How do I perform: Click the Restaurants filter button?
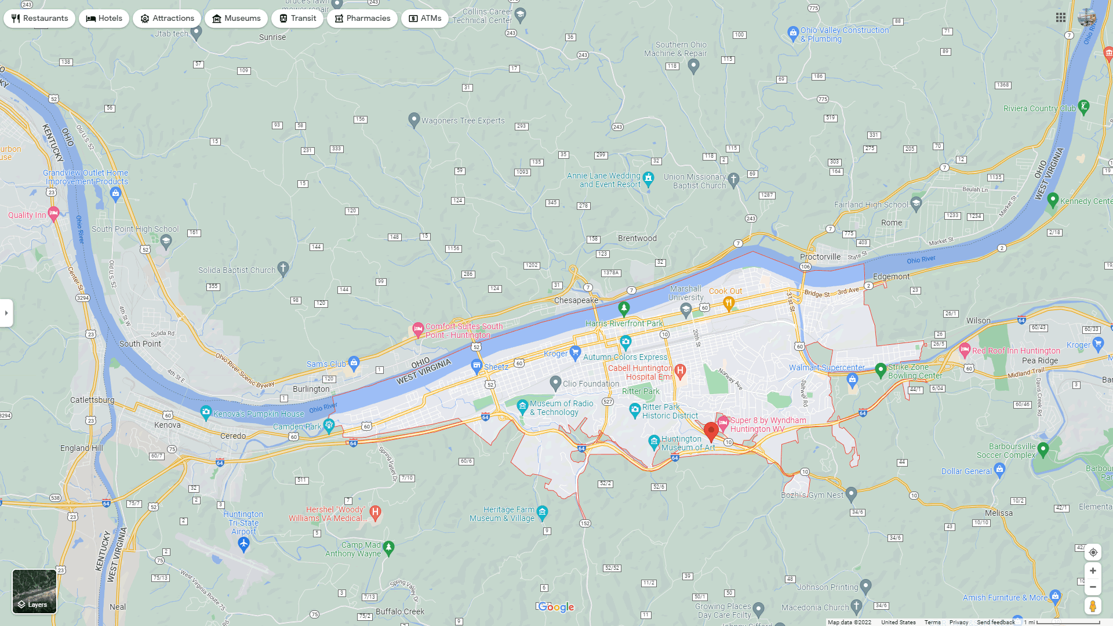tap(39, 19)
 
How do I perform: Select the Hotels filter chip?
tap(104, 19)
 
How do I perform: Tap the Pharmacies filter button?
tap(362, 19)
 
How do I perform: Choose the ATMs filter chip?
tap(424, 19)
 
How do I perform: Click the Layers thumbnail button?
tap(35, 591)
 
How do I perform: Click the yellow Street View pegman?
tap(1093, 606)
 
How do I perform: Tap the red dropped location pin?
tap(711, 431)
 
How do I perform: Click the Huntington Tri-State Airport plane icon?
tap(243, 544)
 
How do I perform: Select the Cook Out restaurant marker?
tap(729, 302)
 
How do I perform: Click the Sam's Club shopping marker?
tap(354, 363)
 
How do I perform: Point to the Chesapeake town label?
tap(576, 300)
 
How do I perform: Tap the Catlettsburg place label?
tap(92, 400)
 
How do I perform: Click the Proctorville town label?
tap(820, 257)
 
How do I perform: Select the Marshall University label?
tap(686, 293)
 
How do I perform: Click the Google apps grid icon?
tap(1061, 18)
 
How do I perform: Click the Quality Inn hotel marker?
tap(53, 214)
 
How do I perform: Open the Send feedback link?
tap(995, 622)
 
